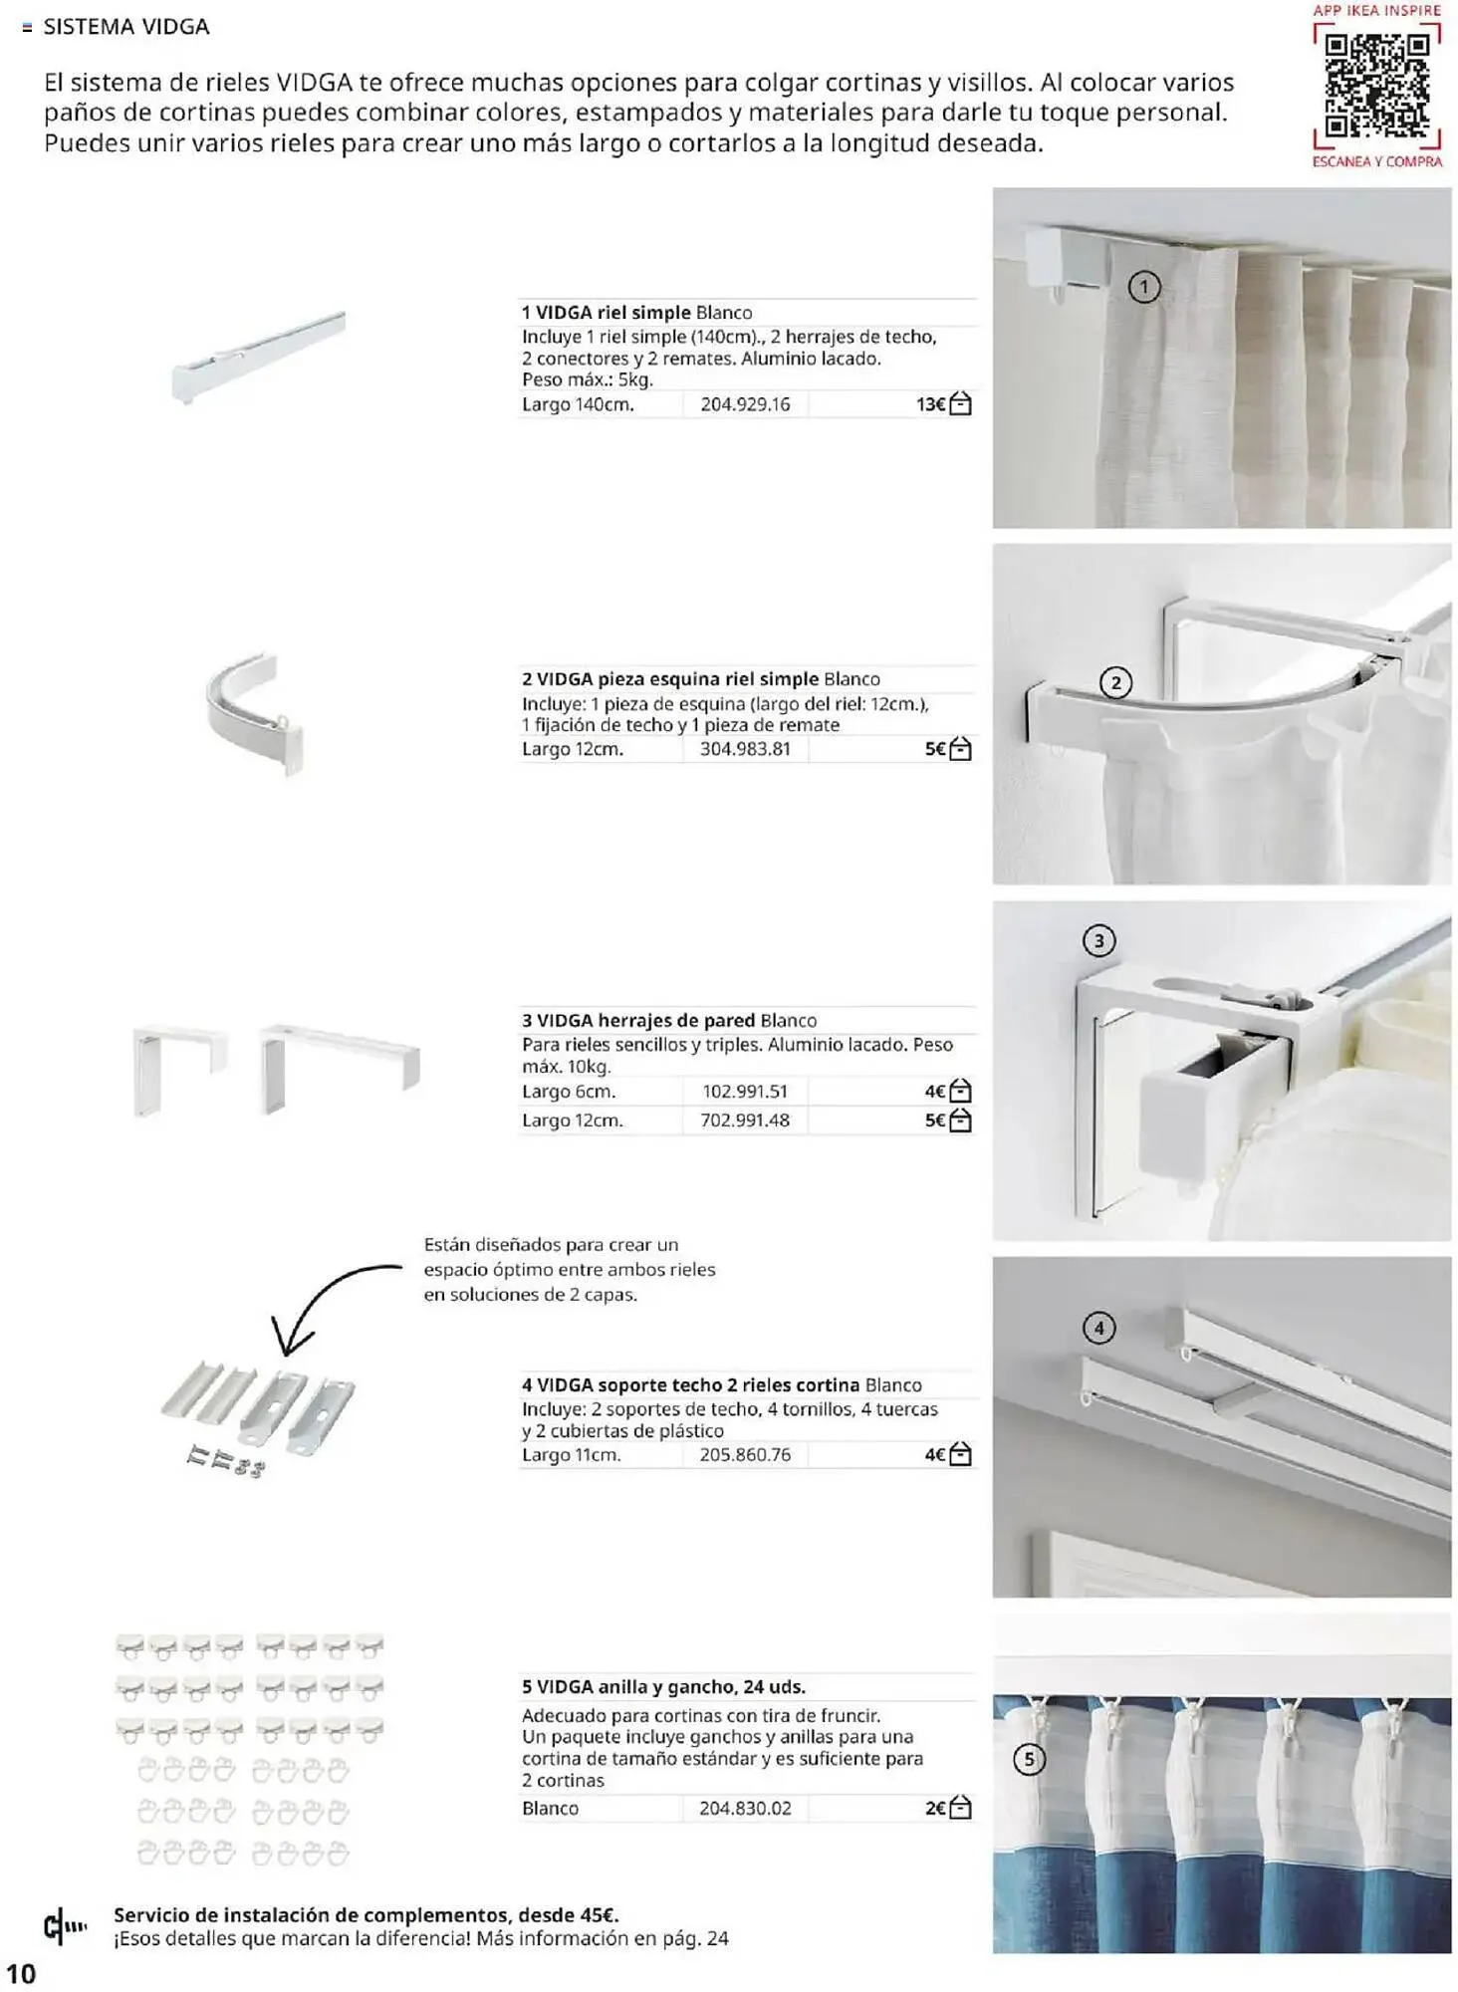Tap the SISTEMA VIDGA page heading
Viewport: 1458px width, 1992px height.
125,27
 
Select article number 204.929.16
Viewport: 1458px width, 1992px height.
745,404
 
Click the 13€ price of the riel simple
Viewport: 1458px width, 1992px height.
930,404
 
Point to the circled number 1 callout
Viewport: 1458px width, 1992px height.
1144,288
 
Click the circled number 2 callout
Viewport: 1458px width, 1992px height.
1115,683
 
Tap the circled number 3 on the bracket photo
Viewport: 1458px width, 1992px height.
1098,941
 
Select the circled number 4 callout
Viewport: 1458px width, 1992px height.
1098,1328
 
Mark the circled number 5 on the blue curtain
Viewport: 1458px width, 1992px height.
1030,1760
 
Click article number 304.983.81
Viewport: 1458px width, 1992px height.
745,749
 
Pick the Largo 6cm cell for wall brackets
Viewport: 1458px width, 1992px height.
569,1092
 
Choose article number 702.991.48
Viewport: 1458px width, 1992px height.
745,1120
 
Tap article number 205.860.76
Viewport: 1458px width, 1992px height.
745,1455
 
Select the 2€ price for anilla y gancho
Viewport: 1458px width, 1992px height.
934,1808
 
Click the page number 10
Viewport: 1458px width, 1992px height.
21,1973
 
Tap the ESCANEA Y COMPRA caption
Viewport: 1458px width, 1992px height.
1376,161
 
